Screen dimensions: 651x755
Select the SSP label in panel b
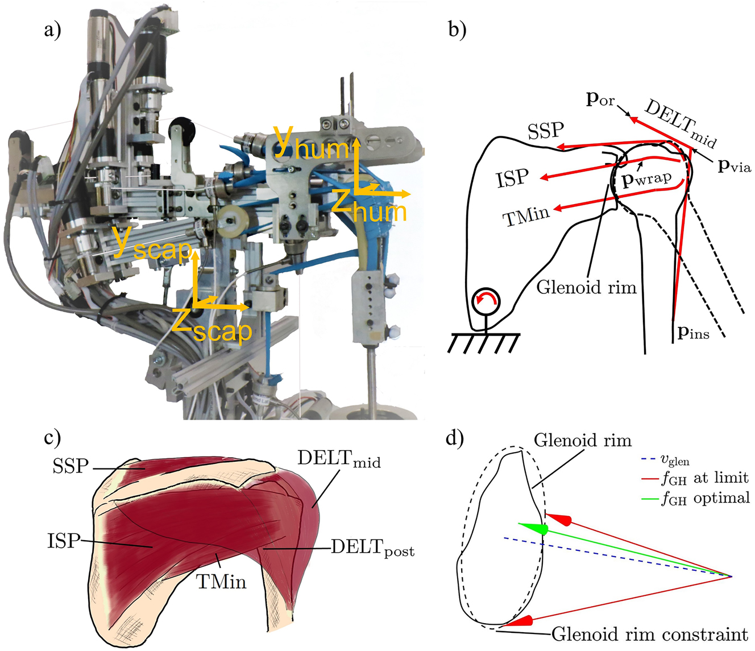546,131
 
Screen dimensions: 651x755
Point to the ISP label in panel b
513,178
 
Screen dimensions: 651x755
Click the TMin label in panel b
525,217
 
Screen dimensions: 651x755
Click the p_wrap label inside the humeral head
647,180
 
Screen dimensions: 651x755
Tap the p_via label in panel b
734,167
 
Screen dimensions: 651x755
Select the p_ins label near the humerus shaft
693,332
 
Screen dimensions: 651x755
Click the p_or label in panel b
600,101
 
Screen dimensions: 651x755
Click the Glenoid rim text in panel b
586,287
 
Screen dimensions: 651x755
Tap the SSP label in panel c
70,466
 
